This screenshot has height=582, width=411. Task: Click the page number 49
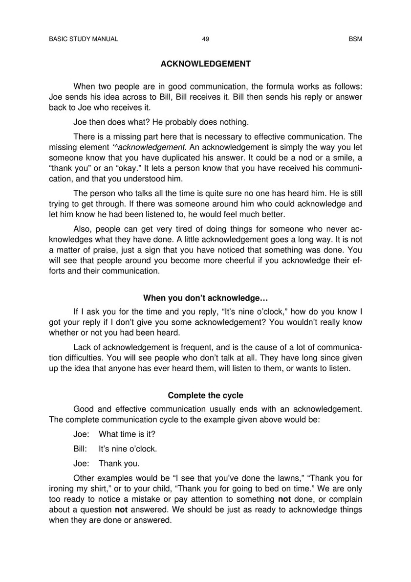(205, 39)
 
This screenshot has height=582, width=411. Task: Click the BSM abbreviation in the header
(355, 39)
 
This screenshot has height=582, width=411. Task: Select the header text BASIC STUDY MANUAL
(84, 39)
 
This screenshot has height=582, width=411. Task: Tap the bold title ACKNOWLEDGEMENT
(206, 64)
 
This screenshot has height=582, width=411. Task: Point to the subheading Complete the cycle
(205, 395)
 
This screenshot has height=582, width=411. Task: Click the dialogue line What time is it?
(127, 434)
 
